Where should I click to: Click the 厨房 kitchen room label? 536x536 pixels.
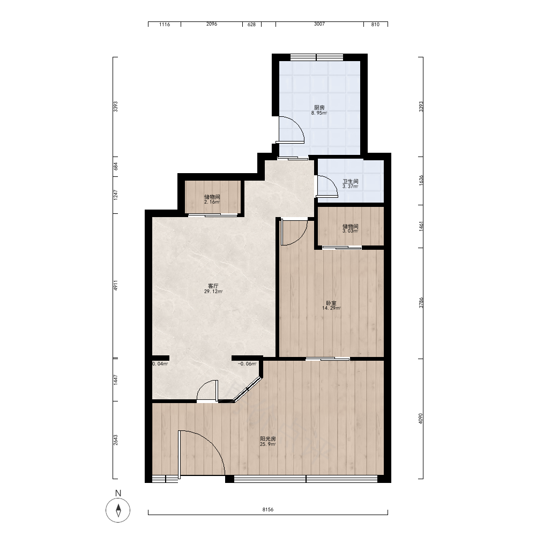[x=319, y=108]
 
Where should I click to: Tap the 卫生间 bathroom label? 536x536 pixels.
[x=351, y=182]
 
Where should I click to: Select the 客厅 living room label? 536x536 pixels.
[x=213, y=286]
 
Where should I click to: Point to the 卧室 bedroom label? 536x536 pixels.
[x=331, y=303]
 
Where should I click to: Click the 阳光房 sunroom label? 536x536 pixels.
[x=268, y=439]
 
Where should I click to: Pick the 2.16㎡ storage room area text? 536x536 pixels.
[x=212, y=202]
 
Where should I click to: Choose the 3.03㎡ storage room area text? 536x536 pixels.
[x=351, y=231]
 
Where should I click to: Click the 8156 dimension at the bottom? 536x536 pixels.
[x=268, y=509]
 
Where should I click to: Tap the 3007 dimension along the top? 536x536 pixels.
[x=319, y=24]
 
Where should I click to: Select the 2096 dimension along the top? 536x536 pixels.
[x=212, y=24]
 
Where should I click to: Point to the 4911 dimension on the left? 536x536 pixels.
[x=116, y=286]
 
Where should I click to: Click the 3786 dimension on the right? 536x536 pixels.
[x=421, y=303]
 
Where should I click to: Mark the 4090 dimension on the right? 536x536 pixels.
[x=421, y=419]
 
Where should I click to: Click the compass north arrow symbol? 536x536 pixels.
[x=118, y=510]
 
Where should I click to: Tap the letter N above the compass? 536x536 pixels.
[x=118, y=493]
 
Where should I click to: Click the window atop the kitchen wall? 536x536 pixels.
[x=317, y=57]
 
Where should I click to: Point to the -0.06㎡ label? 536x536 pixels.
[x=247, y=364]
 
